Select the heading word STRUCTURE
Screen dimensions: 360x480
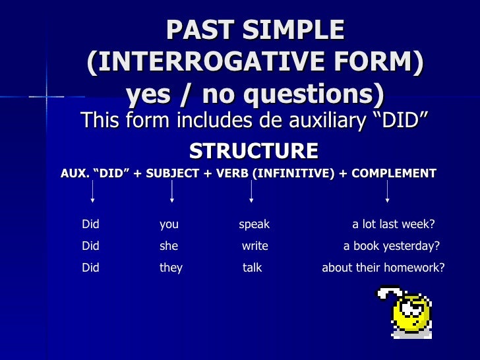coord(254,151)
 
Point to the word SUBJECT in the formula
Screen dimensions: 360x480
coord(175,174)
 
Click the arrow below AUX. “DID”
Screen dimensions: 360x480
coord(92,191)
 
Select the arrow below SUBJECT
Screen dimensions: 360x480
coord(172,191)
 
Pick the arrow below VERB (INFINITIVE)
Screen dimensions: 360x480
coord(251,191)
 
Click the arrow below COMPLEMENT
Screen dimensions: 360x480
coord(387,191)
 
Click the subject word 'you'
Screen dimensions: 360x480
coord(169,224)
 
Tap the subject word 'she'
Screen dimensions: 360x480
coord(169,247)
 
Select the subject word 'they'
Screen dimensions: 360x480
coord(171,268)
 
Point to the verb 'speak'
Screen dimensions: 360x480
coord(254,224)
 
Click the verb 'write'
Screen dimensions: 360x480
coord(255,247)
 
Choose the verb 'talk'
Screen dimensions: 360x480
coord(253,268)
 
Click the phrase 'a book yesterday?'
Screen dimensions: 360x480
coord(392,247)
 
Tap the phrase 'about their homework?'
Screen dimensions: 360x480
coord(383,268)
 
